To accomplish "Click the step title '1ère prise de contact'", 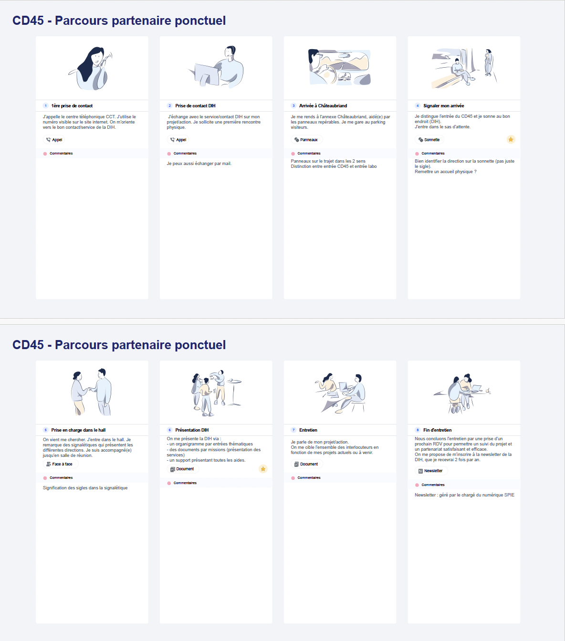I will pyautogui.click(x=72, y=106).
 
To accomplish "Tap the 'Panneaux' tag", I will pyautogui.click(x=306, y=140).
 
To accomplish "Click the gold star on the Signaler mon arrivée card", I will pyautogui.click(x=511, y=139).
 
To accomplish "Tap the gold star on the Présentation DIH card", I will pyautogui.click(x=263, y=469).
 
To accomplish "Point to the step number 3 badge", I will pyautogui.click(x=293, y=106).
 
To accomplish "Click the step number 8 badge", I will pyautogui.click(x=418, y=430).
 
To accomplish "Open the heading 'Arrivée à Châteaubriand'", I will pyautogui.click(x=323, y=106).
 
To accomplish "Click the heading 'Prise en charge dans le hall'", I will pyautogui.click(x=78, y=430).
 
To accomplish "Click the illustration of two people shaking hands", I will pyautogui.click(x=92, y=392).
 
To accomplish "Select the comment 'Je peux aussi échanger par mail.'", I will pyautogui.click(x=199, y=164).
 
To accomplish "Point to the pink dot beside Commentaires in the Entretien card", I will pyautogui.click(x=293, y=478).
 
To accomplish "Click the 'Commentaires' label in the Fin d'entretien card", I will pyautogui.click(x=433, y=485).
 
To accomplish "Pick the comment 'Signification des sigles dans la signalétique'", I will pyautogui.click(x=85, y=488).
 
